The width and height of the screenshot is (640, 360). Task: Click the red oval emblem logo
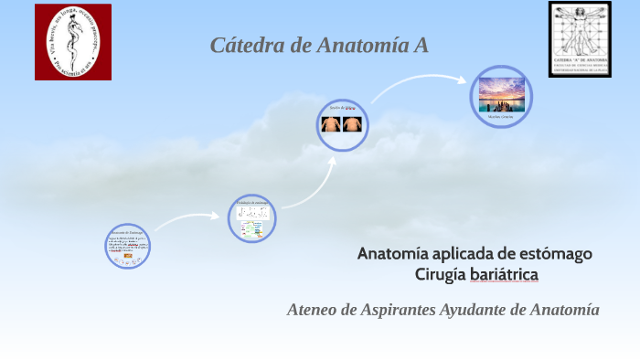coord(73,41)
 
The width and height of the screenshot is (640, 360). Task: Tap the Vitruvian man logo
coord(580,38)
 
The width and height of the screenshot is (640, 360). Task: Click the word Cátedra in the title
coord(246,45)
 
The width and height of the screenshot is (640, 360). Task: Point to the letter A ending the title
coord(421,45)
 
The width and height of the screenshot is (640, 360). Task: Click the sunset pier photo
coord(501,94)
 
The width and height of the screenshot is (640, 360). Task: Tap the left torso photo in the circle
coord(332,123)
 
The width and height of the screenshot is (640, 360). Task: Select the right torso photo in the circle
coord(353,123)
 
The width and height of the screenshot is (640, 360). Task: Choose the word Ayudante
coord(475,310)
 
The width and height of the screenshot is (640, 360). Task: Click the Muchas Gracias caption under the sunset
coord(501,117)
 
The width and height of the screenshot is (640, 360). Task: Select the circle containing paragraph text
coord(127,246)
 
